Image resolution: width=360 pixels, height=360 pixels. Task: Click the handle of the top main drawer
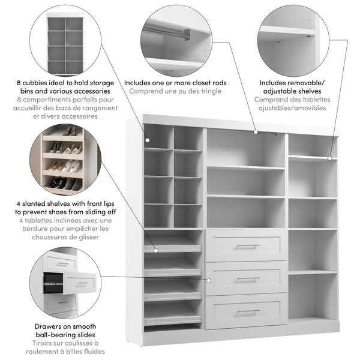coord(248,246)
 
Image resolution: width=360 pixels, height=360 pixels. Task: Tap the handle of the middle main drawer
coord(248,279)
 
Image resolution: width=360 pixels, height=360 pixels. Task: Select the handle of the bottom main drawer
coord(248,311)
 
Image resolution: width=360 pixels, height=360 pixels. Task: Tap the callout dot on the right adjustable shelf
coord(329,158)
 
